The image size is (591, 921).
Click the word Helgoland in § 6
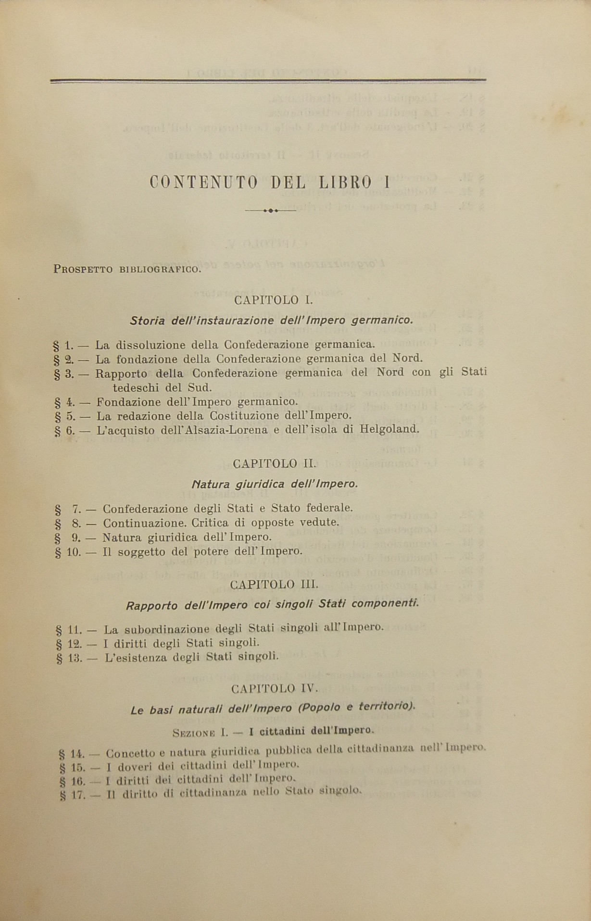coord(389,429)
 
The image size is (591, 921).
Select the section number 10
coord(74,552)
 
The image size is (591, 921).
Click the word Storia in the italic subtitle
coord(146,320)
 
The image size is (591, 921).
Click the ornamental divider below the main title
coord(271,211)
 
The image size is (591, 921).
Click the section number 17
coord(77,795)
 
